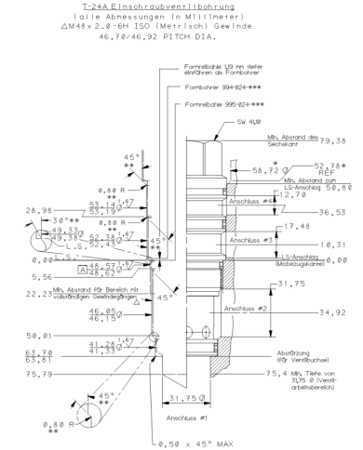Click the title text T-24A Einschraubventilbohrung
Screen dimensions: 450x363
click(x=181, y=7)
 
